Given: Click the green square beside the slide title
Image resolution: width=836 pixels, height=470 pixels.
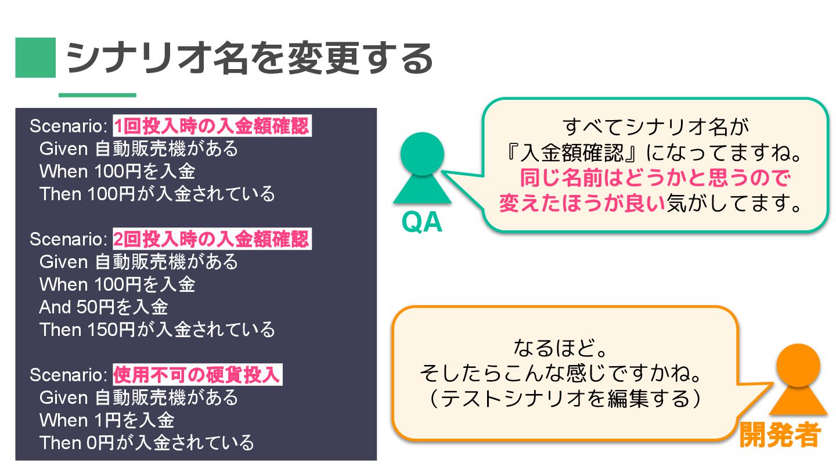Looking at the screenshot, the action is (35, 57).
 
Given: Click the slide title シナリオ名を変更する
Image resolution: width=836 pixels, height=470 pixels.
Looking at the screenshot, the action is (250, 58).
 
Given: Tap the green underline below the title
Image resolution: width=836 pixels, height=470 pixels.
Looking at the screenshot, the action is (97, 95).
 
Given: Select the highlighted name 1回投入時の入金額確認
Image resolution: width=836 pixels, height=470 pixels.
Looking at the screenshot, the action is (212, 126).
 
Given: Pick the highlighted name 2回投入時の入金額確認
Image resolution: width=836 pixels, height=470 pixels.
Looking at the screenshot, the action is (212, 239).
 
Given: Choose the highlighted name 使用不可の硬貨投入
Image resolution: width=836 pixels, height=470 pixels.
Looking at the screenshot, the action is (197, 375).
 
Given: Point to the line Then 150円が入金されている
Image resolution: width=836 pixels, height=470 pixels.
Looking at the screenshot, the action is (157, 330).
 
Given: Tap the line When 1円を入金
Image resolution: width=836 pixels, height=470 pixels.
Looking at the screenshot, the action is (107, 420).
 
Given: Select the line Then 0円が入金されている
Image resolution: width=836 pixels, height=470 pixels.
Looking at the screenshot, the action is (146, 443).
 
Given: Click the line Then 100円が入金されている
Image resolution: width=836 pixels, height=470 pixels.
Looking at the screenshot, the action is (157, 194).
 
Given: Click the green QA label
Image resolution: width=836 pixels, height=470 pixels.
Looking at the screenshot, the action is (422, 223).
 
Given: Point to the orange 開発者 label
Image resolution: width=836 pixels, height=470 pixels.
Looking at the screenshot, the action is (780, 435).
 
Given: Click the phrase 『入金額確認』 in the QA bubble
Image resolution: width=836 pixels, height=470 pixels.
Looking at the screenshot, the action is (572, 153).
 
